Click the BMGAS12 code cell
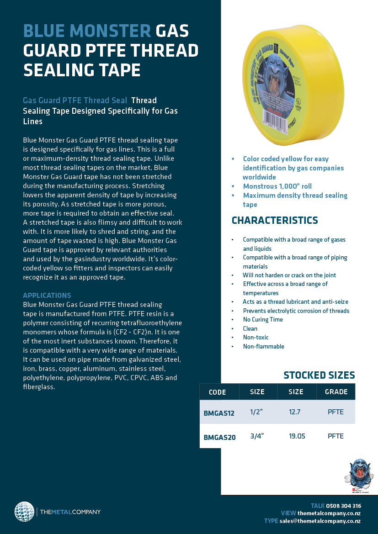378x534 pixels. [219, 413]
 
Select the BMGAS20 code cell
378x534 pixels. [219, 437]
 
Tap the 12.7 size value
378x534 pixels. [295, 412]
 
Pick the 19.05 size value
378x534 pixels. [297, 436]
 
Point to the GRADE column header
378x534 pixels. [336, 392]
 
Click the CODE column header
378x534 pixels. [218, 392]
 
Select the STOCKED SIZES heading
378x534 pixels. [319, 375]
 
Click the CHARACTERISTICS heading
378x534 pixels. [275, 221]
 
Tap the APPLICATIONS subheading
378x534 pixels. [47, 296]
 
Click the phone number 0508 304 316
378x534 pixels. [343, 506]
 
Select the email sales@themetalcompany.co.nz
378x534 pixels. [320, 521]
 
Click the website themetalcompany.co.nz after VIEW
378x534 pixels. [329, 513]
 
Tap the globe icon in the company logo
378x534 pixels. [24, 512]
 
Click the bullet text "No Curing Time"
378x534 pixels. [263, 320]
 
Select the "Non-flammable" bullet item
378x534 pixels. [263, 347]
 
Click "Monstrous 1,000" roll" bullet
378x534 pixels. [277, 186]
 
